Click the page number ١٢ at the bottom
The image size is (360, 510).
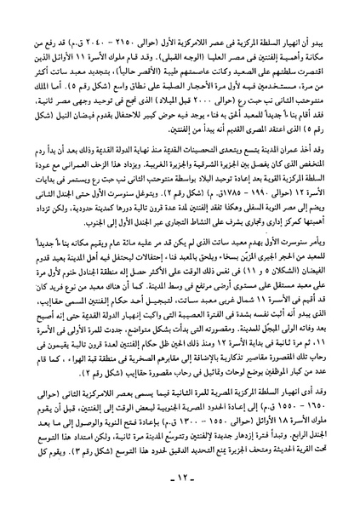coord(180,486)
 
